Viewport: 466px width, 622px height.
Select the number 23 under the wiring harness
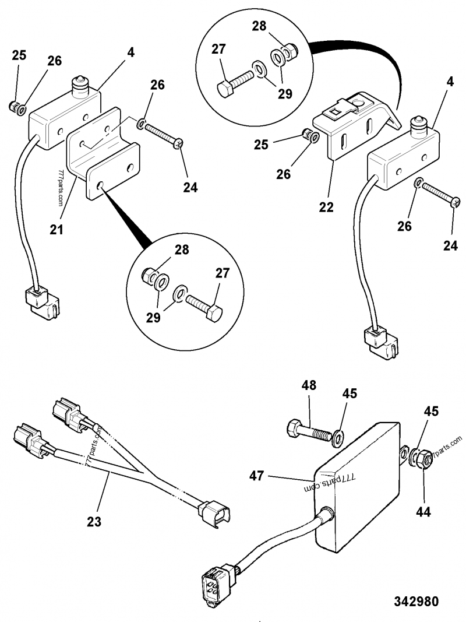94,522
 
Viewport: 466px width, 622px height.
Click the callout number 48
309,385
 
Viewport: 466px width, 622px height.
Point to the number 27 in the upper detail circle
219,49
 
